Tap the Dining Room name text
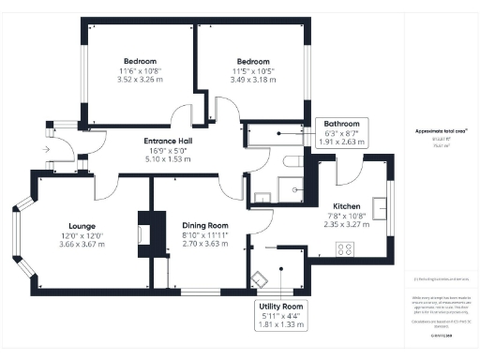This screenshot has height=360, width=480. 205,225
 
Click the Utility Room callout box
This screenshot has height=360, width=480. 281,315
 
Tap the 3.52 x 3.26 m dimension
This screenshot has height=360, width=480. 139,81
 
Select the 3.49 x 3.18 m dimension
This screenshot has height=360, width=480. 253,81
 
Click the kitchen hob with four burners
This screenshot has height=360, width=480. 344,249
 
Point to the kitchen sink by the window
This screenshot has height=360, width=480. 380,205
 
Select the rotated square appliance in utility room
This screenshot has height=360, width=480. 258,277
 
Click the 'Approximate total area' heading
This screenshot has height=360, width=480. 440,131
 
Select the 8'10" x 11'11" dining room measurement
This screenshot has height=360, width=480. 205,234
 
